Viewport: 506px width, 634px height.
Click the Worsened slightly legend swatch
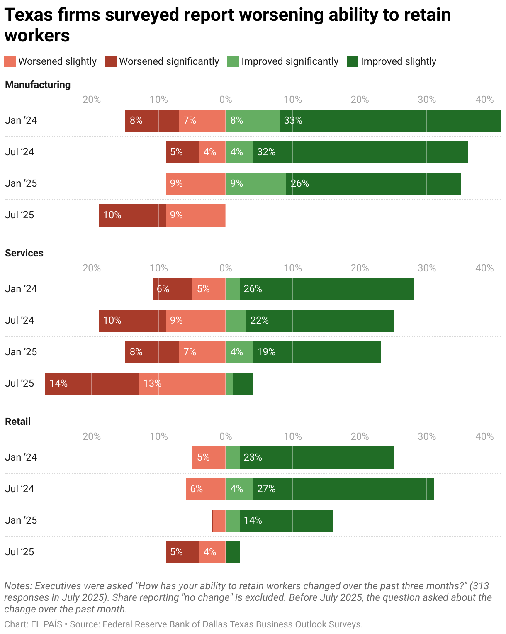[x=10, y=61]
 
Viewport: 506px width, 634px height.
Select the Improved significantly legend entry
[x=283, y=61]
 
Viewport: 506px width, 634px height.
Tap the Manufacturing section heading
[x=38, y=85]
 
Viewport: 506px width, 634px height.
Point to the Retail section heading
[x=18, y=422]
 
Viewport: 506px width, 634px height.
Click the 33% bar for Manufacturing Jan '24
[x=390, y=121]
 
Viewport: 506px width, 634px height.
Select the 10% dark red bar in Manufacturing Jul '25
[x=132, y=215]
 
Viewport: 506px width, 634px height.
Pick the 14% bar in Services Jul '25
[x=92, y=384]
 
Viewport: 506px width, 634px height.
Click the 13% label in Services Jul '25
[x=152, y=384]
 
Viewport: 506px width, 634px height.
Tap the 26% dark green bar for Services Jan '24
[x=326, y=289]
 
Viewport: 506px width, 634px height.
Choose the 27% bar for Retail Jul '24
[x=343, y=489]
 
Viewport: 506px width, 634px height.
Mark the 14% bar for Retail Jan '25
[x=286, y=521]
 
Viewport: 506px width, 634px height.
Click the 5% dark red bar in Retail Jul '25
[x=182, y=552]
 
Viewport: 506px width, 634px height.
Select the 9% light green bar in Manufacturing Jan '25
[x=255, y=184]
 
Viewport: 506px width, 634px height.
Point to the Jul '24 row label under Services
[x=19, y=320]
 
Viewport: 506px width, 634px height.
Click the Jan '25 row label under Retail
[x=21, y=520]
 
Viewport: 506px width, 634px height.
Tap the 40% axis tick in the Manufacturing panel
[x=484, y=100]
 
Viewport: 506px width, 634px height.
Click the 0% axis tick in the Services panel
[x=226, y=268]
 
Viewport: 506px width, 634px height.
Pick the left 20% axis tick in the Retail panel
[x=92, y=436]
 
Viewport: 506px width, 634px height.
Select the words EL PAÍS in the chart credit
[x=46, y=624]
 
